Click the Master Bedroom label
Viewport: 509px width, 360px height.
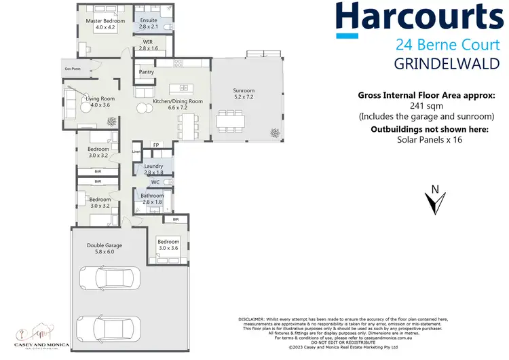coord(105,21)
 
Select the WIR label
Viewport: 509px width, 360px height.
coord(148,42)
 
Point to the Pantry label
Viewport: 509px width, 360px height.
coord(146,72)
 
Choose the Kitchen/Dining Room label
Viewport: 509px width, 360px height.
coord(177,101)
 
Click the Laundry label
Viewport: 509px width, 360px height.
coord(153,166)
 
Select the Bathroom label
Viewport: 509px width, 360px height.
coord(153,196)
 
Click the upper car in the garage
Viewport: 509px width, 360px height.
coord(109,278)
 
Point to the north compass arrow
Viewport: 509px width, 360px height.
coord(434,202)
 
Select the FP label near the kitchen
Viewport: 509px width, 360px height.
coord(155,145)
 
